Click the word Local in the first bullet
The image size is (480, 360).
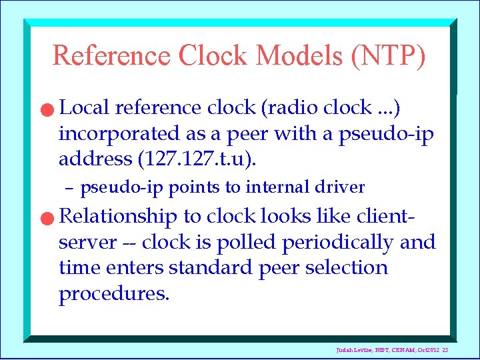point(85,107)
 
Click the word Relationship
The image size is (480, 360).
point(118,217)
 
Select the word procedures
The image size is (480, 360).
point(113,294)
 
